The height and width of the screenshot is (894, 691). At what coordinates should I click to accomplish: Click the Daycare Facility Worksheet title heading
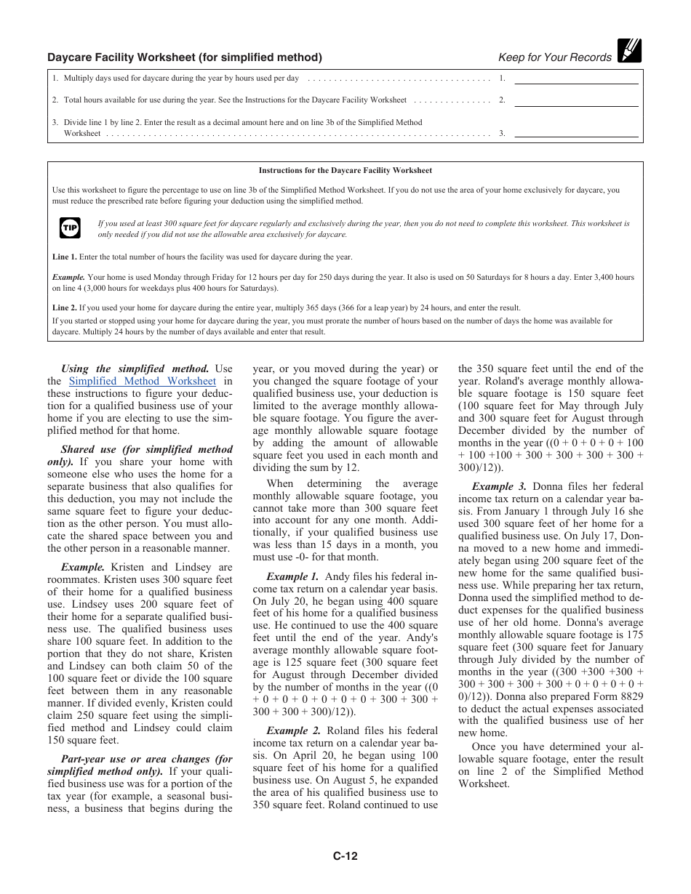click(x=184, y=57)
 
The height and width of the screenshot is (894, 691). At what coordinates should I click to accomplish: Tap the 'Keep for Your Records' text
click(x=554, y=57)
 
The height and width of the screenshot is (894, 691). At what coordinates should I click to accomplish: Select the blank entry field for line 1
click(x=576, y=78)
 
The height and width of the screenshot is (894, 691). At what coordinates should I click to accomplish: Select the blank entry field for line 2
click(x=576, y=100)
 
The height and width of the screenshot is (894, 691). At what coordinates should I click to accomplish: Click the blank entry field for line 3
click(x=576, y=133)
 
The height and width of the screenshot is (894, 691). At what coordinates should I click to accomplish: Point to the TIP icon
click(x=69, y=228)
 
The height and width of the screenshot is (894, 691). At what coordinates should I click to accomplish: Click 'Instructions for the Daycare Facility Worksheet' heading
click(x=345, y=171)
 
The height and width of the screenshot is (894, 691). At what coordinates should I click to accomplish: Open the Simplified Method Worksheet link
click(x=142, y=381)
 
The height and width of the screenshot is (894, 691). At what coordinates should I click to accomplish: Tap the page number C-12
click(x=345, y=855)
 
